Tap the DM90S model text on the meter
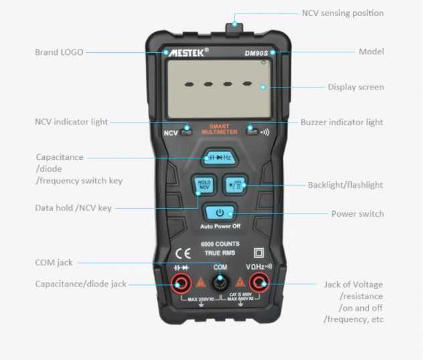click(256, 53)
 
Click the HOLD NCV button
click(204, 185)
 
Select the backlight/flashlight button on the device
click(235, 185)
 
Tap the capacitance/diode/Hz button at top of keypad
click(220, 157)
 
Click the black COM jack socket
click(220, 282)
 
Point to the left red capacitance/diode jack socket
click(182, 283)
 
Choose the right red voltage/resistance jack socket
click(259, 283)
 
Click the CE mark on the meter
click(183, 254)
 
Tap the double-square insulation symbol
click(259, 253)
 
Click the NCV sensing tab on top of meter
click(234, 28)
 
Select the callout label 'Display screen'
click(356, 87)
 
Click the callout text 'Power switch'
click(358, 214)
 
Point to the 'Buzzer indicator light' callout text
click(342, 122)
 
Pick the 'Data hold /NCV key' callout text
click(73, 208)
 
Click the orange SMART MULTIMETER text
click(219, 129)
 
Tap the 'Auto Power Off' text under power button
click(220, 226)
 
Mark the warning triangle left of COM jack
click(200, 282)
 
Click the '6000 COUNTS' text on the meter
click(220, 244)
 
